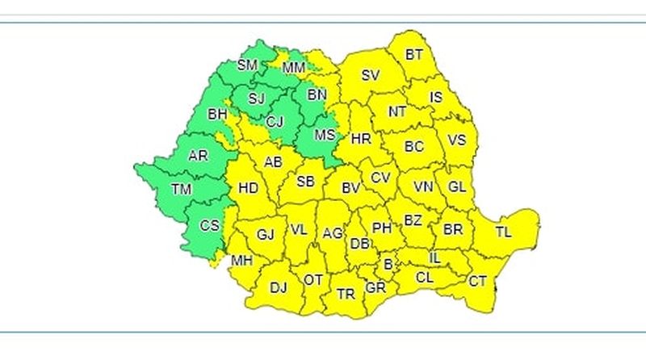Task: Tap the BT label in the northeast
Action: (414, 55)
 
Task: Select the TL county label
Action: (504, 232)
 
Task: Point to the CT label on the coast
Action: (478, 281)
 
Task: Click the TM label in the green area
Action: (182, 190)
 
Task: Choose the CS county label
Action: (209, 225)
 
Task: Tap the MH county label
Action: (241, 261)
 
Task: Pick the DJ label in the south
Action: (278, 287)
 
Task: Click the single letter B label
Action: (388, 263)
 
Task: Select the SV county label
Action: (370, 76)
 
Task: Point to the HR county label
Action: (360, 139)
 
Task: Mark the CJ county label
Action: (275, 122)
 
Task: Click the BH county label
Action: (217, 115)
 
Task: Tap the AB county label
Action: (274, 162)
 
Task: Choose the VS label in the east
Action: (457, 140)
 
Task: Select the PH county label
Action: (382, 228)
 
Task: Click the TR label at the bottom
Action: (346, 294)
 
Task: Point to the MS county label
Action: (324, 135)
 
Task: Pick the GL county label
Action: (457, 186)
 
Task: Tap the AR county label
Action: (198, 156)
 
